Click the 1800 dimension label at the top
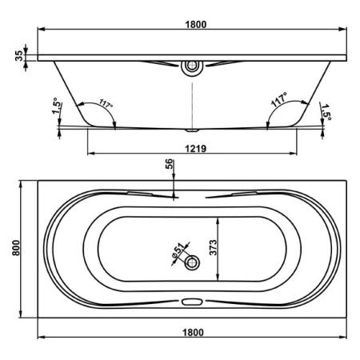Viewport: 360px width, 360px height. pyautogui.click(x=196, y=24)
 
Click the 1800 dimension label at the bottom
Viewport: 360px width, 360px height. pyautogui.click(x=193, y=333)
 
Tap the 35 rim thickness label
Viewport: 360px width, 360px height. pyautogui.click(x=19, y=55)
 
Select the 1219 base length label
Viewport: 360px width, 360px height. pyautogui.click(x=196, y=149)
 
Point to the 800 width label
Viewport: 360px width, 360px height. pyautogui.click(x=16, y=248)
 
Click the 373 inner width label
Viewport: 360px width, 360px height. pyautogui.click(x=214, y=247)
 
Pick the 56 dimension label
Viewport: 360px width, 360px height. pyautogui.click(x=170, y=164)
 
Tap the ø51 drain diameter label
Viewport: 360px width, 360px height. pyautogui.click(x=178, y=250)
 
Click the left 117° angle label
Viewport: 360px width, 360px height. pyautogui.click(x=106, y=103)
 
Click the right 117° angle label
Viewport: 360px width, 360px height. pyautogui.click(x=279, y=99)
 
